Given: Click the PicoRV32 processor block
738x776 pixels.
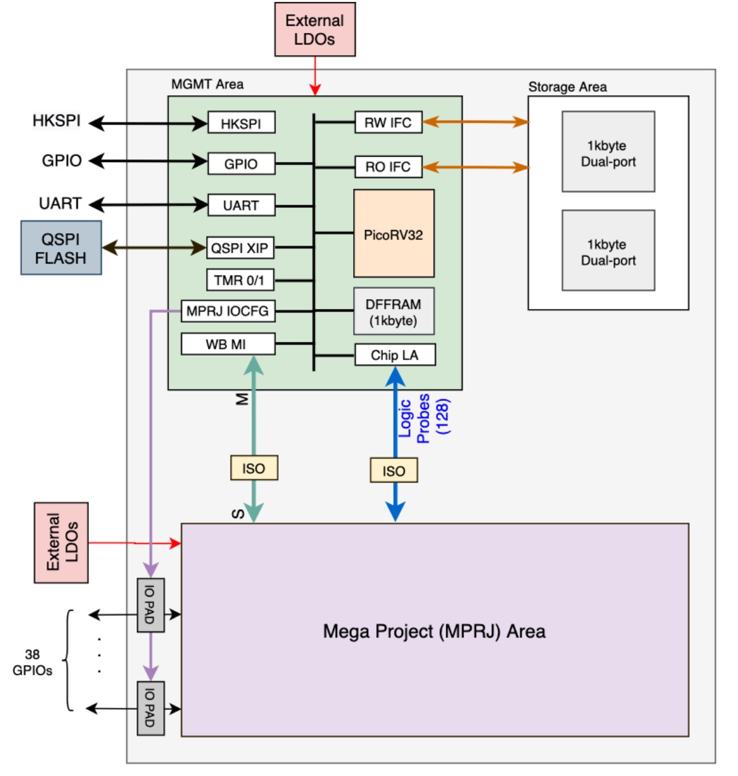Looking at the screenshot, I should (393, 234).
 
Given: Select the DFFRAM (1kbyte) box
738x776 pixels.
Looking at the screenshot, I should (393, 312).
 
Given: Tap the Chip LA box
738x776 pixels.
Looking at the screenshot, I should (395, 355).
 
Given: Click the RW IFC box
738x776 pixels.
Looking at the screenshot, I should (388, 122).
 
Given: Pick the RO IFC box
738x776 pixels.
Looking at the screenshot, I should (388, 166).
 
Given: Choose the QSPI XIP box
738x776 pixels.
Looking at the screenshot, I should (240, 247).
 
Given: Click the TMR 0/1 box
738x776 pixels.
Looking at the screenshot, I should (240, 280).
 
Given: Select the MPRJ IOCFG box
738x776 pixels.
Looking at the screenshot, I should (227, 311).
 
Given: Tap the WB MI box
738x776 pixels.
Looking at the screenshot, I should (227, 344).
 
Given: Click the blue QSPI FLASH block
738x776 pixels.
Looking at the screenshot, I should (61, 248).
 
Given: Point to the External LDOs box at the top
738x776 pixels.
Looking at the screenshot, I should (315, 30).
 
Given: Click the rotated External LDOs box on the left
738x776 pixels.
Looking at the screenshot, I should (61, 543).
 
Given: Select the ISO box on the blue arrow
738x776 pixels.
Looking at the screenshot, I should (394, 471).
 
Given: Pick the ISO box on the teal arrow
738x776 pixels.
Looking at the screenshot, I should (254, 468).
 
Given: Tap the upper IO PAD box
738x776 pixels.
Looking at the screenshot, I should (150, 605).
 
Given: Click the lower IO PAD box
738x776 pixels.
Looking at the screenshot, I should (150, 708).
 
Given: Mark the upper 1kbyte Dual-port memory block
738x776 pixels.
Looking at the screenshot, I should (608, 152).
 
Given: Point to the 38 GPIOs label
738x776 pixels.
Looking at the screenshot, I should (32, 663).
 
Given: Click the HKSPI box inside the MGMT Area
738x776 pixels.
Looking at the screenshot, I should (241, 123).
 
